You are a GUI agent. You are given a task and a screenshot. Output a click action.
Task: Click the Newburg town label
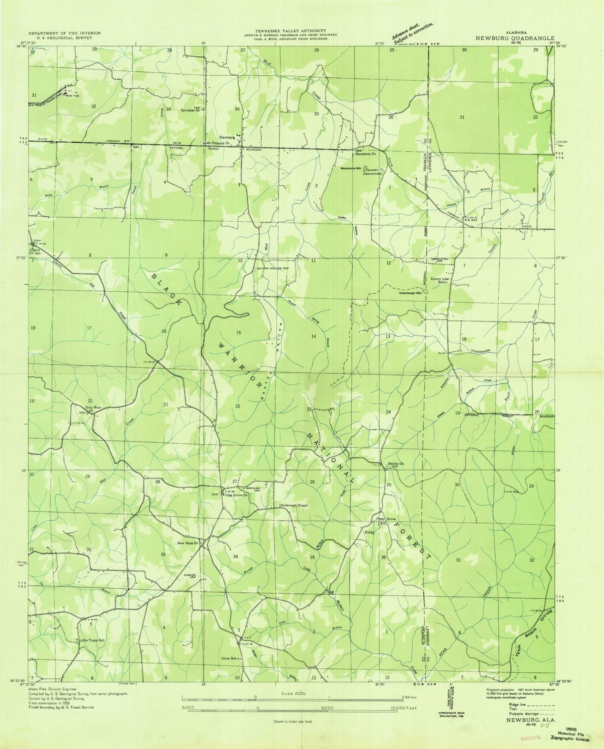[x=227, y=136]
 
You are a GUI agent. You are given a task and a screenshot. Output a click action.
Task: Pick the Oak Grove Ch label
[x=237, y=495]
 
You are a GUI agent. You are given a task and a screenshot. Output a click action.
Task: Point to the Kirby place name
[x=369, y=533]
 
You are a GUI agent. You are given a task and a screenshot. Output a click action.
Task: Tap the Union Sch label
[x=229, y=658]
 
